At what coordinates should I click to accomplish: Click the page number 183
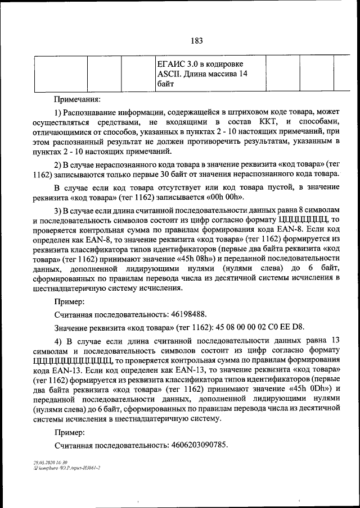pyautogui.click(x=196, y=40)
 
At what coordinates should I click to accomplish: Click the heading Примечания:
pyautogui.click(x=77, y=99)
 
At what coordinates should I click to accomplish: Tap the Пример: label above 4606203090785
pyautogui.click(x=70, y=433)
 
